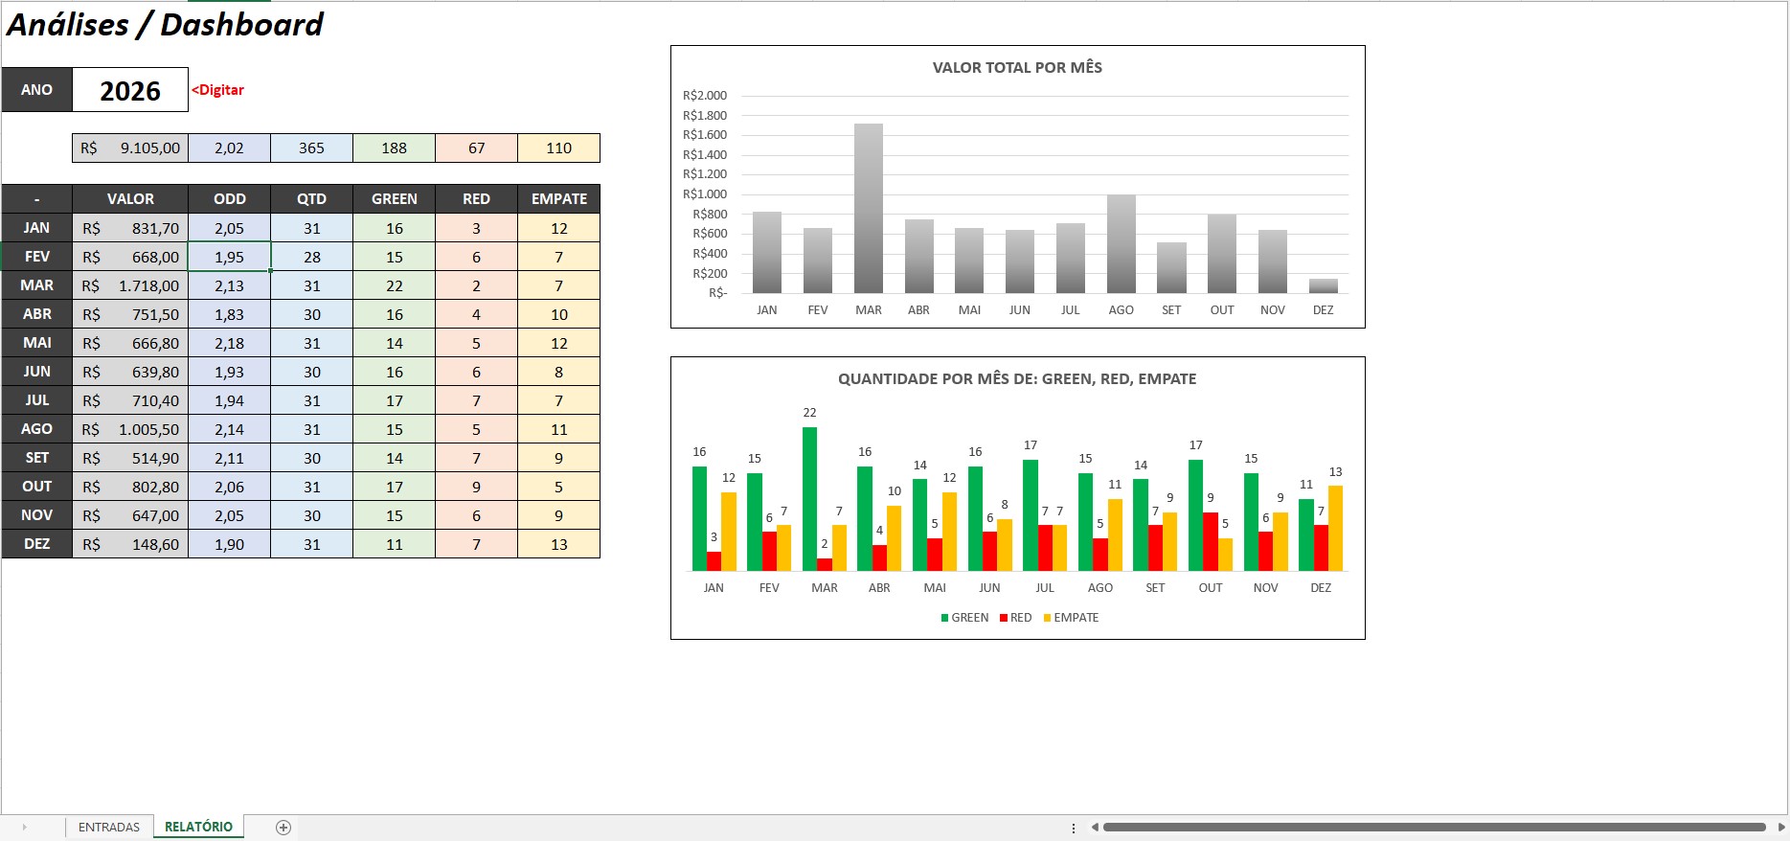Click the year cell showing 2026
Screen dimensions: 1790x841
click(x=130, y=90)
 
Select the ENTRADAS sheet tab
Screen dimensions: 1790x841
click(x=109, y=827)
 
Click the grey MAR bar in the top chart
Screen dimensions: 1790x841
click(x=869, y=208)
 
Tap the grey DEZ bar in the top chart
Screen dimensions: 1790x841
click(x=1323, y=285)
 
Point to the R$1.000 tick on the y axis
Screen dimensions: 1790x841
click(x=705, y=194)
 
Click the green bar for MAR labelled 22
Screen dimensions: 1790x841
click(x=810, y=499)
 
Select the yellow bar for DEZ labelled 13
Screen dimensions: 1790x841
click(x=1336, y=529)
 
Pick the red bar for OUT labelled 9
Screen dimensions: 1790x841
click(x=1211, y=542)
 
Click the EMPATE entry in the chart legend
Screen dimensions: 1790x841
click(x=1071, y=618)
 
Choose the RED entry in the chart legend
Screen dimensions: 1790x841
click(x=1015, y=618)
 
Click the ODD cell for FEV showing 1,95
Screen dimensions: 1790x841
click(x=230, y=257)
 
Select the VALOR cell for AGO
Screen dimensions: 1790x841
click(x=130, y=429)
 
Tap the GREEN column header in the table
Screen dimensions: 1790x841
click(x=395, y=199)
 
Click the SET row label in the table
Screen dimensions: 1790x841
click(x=37, y=458)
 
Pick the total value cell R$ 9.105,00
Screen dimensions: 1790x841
click(x=130, y=148)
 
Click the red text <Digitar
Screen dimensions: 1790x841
click(x=218, y=90)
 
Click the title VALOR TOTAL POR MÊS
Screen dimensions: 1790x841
click(x=1017, y=68)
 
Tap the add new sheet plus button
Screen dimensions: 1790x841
click(x=283, y=828)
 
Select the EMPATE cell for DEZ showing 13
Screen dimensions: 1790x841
click(x=559, y=544)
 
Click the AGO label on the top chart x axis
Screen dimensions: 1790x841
click(x=1121, y=310)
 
